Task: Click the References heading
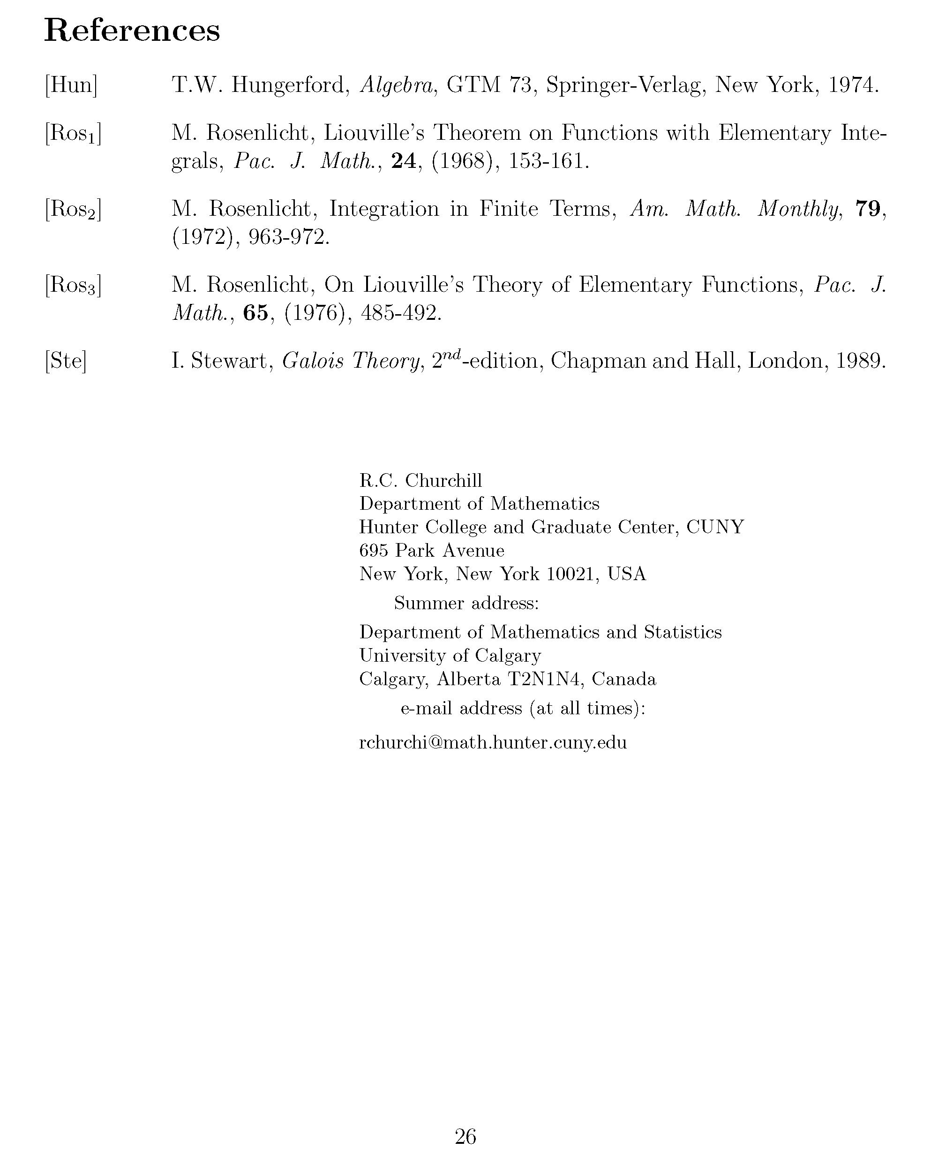click(x=132, y=31)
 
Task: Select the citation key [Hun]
click(x=71, y=85)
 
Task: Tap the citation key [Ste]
click(x=65, y=361)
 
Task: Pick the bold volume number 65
click(x=256, y=313)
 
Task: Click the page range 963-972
click(x=288, y=238)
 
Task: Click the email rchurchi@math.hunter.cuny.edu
click(x=493, y=742)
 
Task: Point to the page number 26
click(x=465, y=1136)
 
